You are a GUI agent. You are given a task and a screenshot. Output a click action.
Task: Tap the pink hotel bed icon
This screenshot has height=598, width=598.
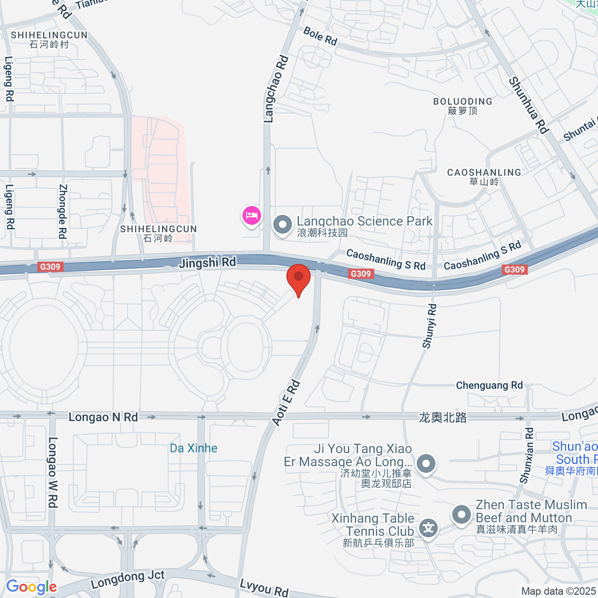click(252, 216)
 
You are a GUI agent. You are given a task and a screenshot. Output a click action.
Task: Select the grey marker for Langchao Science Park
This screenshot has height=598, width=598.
click(283, 224)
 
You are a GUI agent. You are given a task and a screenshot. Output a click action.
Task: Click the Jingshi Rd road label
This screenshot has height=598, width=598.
click(207, 262)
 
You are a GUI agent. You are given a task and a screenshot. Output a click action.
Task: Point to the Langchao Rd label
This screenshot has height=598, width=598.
click(275, 90)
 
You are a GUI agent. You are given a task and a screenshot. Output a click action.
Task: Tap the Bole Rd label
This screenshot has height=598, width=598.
click(320, 36)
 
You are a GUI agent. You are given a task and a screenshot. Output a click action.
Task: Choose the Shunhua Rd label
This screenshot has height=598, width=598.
click(528, 105)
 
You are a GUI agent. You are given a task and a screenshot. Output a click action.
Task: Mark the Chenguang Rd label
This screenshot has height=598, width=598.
click(489, 385)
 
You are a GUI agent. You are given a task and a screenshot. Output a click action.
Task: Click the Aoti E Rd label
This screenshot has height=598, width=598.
click(286, 403)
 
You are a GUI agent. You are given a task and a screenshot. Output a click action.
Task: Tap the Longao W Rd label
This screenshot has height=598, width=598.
click(52, 472)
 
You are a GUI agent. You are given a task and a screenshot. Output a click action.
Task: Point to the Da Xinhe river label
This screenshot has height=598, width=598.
click(193, 448)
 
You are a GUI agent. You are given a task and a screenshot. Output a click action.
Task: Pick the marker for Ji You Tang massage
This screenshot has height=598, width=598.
click(426, 463)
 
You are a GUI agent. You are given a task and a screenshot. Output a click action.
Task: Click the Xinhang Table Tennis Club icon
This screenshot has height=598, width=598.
click(428, 528)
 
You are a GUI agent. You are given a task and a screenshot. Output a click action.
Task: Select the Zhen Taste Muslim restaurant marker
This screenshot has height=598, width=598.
click(461, 514)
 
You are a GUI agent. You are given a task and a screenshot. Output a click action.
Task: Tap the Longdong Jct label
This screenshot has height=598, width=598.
click(128, 580)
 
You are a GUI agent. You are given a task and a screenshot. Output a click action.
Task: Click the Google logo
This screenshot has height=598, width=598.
click(31, 587)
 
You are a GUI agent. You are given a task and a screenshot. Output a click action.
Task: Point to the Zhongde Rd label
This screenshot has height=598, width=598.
click(63, 211)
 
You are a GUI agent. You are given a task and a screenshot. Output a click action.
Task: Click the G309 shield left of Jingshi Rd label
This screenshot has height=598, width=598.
click(50, 267)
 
